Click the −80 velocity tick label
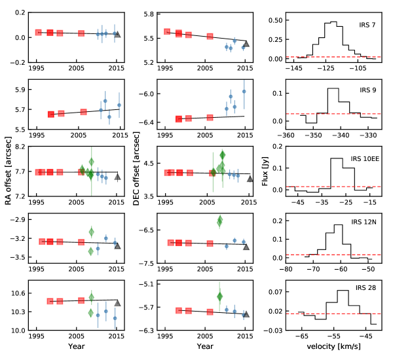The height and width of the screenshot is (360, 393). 286,269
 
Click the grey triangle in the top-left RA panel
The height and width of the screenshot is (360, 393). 117,35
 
